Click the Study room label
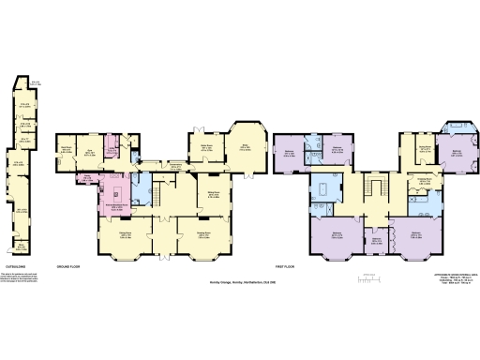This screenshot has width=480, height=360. [247, 147]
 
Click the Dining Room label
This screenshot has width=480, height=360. [126, 234]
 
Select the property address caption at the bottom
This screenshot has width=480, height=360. [240, 282]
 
